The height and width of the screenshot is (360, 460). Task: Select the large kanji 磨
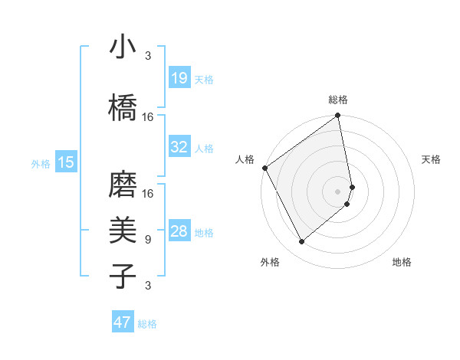123,185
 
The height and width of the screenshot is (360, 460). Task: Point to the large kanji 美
123,230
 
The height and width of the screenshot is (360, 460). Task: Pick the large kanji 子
123,275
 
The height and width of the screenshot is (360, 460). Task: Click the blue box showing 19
179,78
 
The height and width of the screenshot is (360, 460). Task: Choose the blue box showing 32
179,147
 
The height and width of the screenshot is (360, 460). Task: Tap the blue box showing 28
179,232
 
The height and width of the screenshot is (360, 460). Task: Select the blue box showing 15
65,162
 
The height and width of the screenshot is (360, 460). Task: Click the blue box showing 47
123,322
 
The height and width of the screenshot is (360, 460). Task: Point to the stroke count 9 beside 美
147,240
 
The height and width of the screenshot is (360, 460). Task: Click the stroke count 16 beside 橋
148,117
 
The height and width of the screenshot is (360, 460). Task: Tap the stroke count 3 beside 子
147,286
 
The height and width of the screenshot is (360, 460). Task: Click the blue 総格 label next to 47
147,324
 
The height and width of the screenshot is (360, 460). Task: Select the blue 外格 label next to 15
41,163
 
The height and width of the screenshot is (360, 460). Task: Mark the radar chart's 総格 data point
338,116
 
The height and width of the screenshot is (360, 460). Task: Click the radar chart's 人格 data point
264,168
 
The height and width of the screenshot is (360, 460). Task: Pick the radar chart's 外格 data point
301,241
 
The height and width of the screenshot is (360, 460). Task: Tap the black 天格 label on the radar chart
431,159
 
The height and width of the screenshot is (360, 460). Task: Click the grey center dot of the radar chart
338,191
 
